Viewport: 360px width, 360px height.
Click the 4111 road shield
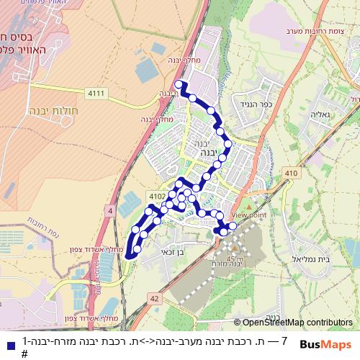(x=96, y=94)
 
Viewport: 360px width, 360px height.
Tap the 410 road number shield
(x=290, y=174)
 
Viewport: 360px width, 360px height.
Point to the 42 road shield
(x=154, y=297)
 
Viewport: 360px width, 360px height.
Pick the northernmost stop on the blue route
(x=179, y=84)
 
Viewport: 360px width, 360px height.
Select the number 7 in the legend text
(x=284, y=341)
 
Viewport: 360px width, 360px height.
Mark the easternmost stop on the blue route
(x=233, y=226)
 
